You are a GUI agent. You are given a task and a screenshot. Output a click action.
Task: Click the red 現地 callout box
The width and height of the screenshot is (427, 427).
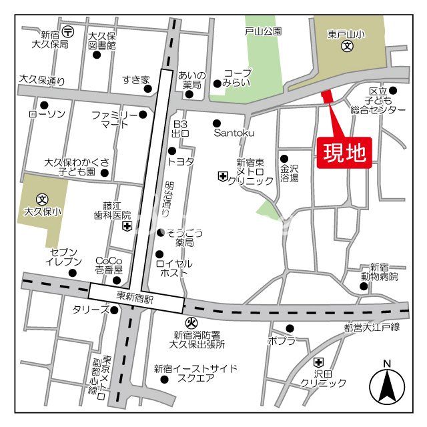pyautogui.click(x=344, y=154)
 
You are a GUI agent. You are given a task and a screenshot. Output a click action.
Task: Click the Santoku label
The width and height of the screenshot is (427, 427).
pyautogui.click(x=234, y=133)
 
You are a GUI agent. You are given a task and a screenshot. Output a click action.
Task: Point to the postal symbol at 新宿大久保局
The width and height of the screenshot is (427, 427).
pyautogui.click(x=69, y=32)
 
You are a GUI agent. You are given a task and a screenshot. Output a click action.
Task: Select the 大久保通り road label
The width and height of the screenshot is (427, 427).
pyautogui.click(x=43, y=81)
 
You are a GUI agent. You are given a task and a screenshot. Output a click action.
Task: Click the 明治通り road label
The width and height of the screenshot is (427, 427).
pyautogui.click(x=169, y=199)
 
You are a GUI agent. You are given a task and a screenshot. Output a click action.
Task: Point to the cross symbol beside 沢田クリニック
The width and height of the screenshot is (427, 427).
pyautogui.click(x=318, y=362)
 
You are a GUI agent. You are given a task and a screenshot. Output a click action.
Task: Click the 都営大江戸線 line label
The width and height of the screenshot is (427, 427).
pyautogui.click(x=371, y=327)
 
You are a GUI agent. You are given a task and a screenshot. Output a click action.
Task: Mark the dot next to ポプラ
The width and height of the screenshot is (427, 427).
pyautogui.click(x=290, y=328)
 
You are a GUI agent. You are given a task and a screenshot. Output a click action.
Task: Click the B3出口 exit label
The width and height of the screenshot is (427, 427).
pyautogui.click(x=180, y=129)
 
